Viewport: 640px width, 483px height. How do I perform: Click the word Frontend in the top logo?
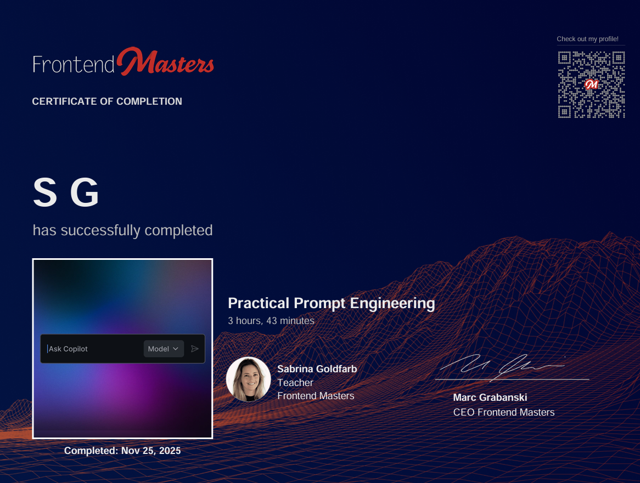[x=74, y=64]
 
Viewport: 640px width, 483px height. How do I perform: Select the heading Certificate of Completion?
[x=107, y=101]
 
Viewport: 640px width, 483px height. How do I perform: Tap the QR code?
[x=591, y=84]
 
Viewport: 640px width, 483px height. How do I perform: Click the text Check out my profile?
[x=587, y=39]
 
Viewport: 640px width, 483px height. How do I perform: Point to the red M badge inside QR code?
[x=591, y=84]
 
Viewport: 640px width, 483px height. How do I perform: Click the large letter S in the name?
[x=45, y=193]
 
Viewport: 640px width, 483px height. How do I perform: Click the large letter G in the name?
[x=85, y=193]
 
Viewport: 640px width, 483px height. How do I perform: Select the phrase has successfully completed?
[x=122, y=230]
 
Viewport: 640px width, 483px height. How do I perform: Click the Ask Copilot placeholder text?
[x=69, y=349]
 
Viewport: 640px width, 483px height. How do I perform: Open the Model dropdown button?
[x=164, y=349]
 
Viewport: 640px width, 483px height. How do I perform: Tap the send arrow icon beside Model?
[x=194, y=349]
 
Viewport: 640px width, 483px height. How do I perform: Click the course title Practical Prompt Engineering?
[x=331, y=303]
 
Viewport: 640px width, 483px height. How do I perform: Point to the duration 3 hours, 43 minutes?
[x=271, y=321]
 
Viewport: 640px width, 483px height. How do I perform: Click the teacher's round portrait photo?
[x=248, y=379]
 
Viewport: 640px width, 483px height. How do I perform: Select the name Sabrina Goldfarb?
[x=317, y=369]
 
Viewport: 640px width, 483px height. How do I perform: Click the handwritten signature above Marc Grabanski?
[x=502, y=367]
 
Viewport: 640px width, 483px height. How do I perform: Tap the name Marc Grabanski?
[x=490, y=397]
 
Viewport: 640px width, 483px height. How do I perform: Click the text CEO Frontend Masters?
[x=503, y=412]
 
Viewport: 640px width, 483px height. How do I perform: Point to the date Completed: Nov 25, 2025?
[x=122, y=451]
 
